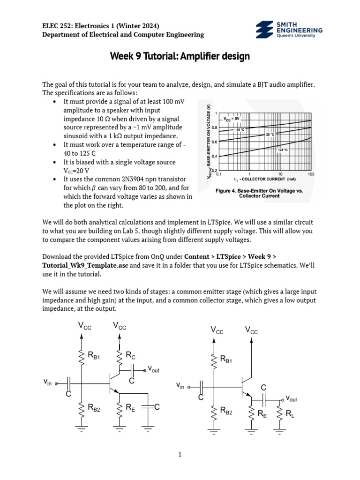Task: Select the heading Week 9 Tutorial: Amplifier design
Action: (180, 57)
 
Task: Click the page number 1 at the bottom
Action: (180, 454)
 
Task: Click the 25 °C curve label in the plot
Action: (270, 135)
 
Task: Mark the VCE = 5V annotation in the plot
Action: (244, 119)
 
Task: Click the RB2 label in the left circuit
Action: (94, 408)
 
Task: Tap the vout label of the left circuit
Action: (153, 369)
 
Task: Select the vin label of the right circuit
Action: (180, 386)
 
